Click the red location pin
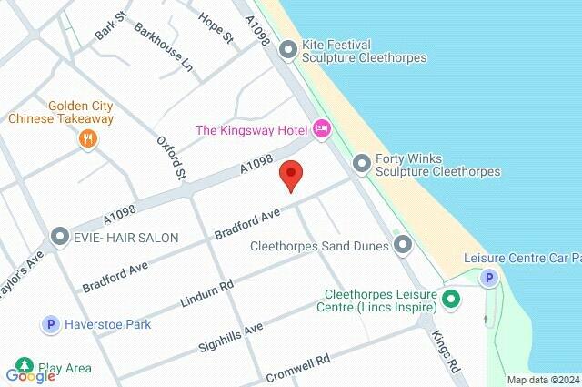pos(290,174)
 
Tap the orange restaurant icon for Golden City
pos(87,139)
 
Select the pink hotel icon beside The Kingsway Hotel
pos(321,130)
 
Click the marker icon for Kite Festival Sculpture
pos(288,50)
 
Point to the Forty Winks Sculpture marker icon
pos(362,163)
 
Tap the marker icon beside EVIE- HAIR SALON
pos(61,237)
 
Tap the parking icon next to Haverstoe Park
pos(51,323)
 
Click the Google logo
pos(30,374)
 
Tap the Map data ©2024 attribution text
pos(542,380)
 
